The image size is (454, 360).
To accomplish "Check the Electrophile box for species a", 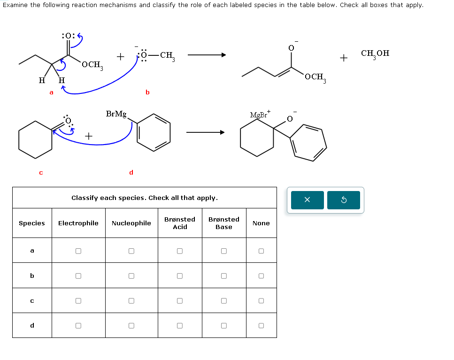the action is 78,251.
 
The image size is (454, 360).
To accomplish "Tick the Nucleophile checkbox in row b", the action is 131,276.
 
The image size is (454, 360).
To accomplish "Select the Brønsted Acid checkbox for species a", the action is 179,251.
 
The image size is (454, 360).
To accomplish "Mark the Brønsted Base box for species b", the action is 224,276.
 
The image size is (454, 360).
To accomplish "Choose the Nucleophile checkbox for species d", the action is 131,325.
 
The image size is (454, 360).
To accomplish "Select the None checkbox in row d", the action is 261,325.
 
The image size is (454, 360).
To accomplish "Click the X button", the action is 308,200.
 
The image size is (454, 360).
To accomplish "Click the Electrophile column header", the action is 78,223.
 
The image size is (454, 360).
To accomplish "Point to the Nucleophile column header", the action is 131,223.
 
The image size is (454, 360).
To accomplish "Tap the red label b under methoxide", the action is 147,92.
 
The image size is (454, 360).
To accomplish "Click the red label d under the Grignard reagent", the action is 131,172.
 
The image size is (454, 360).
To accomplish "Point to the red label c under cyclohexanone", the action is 41,173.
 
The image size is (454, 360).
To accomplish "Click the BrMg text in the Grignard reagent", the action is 116,114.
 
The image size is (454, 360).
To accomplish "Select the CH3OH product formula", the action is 375,54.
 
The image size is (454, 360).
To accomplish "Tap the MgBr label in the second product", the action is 259,115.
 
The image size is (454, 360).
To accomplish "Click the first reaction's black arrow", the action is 207,55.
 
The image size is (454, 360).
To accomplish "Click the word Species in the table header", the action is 32,223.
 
